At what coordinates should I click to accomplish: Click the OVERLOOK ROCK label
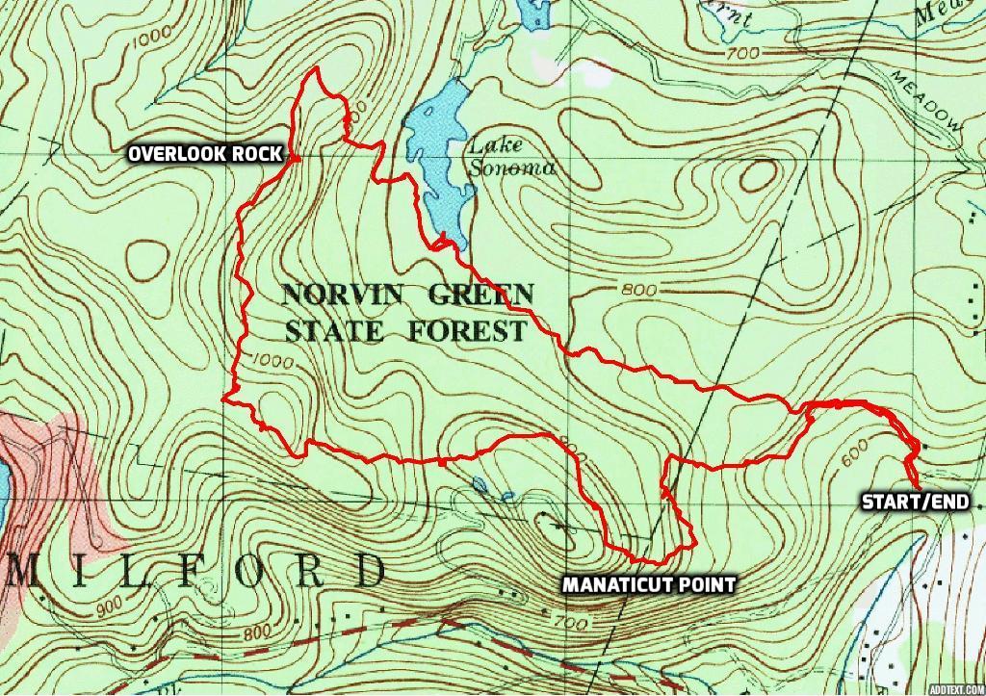[x=205, y=153]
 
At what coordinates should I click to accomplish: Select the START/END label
[x=915, y=502]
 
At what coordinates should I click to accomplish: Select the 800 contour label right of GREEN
[x=638, y=290]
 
